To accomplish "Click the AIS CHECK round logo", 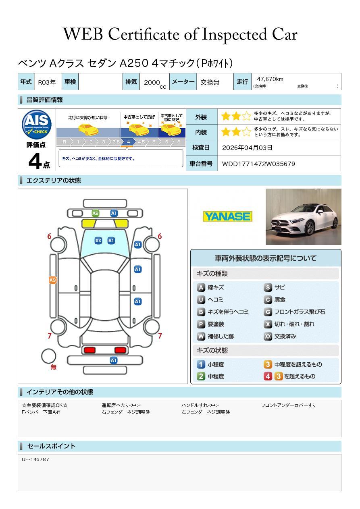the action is click(x=37, y=125).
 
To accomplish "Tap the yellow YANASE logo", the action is click(x=227, y=216).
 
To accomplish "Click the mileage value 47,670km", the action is click(x=270, y=79).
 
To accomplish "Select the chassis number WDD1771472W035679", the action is click(x=258, y=164).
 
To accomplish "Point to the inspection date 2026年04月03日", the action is click(x=247, y=148).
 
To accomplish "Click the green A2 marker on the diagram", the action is click(x=96, y=213).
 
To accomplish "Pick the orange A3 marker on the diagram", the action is click(x=53, y=280).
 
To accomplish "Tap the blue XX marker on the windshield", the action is click(x=98, y=241).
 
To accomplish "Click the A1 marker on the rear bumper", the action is click(x=114, y=360).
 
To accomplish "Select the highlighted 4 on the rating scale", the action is click(x=128, y=142).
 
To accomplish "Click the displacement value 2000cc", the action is click(x=154, y=83).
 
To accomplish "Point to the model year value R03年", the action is click(x=47, y=82).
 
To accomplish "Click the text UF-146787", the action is click(x=35, y=459).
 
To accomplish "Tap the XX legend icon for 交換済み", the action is click(x=268, y=336).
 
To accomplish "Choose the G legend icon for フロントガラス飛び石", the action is click(x=268, y=312).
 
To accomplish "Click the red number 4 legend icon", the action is click(x=268, y=376).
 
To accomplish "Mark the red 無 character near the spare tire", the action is click(x=54, y=367).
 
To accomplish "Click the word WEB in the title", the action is click(x=83, y=34).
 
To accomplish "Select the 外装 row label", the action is click(x=201, y=117).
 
